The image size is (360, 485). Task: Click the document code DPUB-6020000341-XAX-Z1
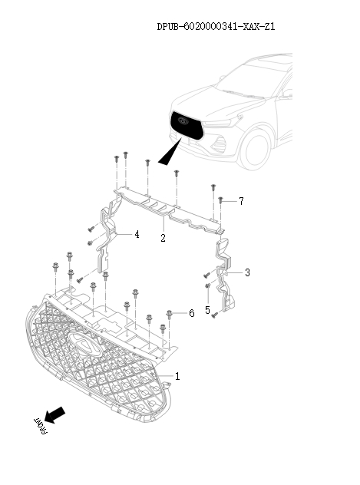pos(216,27)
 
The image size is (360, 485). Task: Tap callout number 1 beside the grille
pos(178,377)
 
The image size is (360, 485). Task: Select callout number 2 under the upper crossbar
pos(163,239)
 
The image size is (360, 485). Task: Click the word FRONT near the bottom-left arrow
pos(39,427)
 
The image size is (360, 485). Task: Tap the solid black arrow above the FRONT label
pos(54,415)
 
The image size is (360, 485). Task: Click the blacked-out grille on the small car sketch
pos(185,124)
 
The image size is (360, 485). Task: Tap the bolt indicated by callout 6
pos(170,315)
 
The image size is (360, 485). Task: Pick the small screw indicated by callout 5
pos(208,287)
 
